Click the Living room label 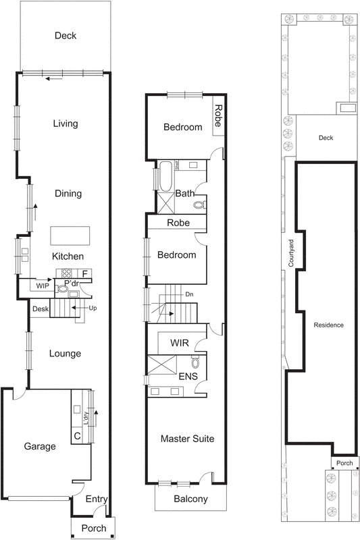[66, 124]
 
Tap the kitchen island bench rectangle [71, 236]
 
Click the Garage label [39, 446]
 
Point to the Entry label [97, 499]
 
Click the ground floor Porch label [93, 528]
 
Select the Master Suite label [187, 439]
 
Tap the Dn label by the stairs [188, 294]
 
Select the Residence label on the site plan [328, 325]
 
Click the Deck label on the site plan [326, 138]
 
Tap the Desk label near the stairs [40, 309]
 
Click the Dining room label [68, 194]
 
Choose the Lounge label [65, 353]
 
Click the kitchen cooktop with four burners [68, 273]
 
